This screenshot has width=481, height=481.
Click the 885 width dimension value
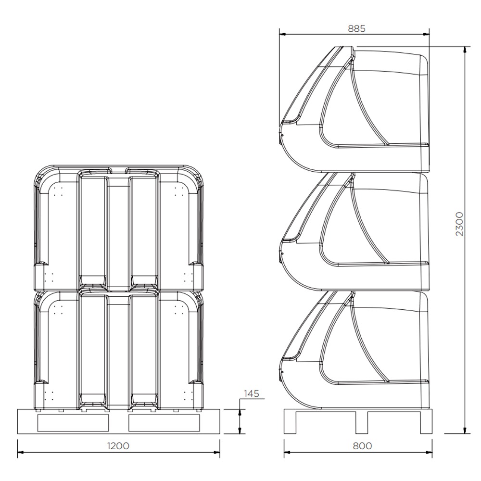356,28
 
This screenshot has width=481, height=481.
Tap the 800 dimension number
362,446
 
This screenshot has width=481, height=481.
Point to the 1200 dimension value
118,446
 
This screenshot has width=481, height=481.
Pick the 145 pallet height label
251,394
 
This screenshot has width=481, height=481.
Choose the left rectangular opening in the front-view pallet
73,422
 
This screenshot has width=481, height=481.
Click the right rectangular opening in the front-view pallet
164,422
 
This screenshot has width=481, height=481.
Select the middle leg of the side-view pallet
362,422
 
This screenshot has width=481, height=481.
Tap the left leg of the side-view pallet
290,422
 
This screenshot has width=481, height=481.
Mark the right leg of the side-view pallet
427,422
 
